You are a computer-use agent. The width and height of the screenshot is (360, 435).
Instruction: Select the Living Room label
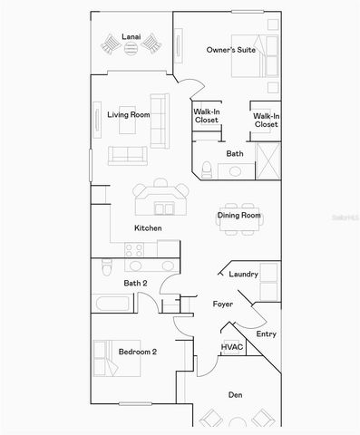click(x=129, y=115)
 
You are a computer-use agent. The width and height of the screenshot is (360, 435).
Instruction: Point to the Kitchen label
click(x=148, y=227)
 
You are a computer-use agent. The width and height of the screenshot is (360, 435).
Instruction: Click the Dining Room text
click(x=239, y=215)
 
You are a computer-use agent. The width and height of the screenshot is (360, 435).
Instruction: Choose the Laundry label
click(x=244, y=274)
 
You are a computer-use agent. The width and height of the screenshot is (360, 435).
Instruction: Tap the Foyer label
click(x=223, y=304)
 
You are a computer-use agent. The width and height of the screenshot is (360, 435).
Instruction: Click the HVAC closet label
click(x=230, y=347)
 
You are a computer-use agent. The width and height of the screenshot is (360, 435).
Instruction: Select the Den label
click(x=236, y=394)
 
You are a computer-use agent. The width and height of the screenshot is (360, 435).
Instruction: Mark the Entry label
click(x=266, y=334)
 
